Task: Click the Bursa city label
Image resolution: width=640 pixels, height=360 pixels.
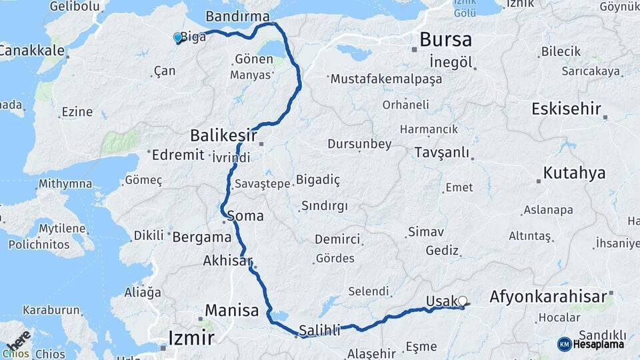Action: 445,39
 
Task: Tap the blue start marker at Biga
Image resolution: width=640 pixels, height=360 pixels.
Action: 178,38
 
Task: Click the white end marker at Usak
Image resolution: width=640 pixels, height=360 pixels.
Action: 462,301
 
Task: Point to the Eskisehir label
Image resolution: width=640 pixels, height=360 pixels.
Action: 566,109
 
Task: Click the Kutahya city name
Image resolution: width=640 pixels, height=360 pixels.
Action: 574,173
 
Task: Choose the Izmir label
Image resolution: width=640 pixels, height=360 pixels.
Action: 191,337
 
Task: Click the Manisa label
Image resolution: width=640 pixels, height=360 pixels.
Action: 231,310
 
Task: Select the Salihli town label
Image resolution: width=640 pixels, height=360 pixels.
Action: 320,329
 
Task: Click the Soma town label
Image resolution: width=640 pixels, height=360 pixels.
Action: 245,216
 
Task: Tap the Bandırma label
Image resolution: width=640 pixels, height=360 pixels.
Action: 237,16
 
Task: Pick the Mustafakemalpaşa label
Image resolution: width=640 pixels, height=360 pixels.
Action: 386,79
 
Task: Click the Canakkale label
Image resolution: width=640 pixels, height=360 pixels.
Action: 32,51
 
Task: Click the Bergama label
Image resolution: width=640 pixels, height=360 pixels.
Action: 201,236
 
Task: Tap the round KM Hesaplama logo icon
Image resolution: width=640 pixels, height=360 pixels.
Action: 564,344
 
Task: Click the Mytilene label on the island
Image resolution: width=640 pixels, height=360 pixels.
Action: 62,229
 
